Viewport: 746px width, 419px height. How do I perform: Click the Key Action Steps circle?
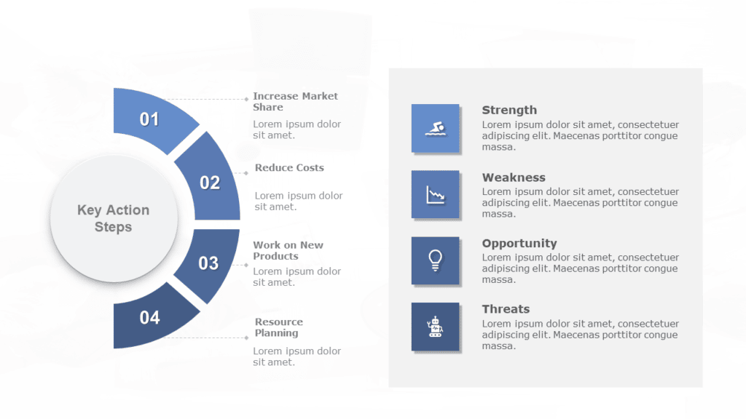coord(114,218)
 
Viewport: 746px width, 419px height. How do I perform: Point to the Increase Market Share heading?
coord(295,102)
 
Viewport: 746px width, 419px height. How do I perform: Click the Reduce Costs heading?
coord(289,168)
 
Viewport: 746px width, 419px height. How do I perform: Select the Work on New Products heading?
coord(288,250)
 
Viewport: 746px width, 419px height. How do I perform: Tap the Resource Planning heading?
coord(278,327)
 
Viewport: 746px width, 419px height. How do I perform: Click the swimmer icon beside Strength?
coord(436,128)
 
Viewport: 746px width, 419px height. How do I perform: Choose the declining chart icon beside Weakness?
coord(436,195)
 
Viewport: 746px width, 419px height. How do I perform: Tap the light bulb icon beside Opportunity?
coord(436,261)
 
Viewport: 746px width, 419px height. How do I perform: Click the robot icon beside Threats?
coord(436,327)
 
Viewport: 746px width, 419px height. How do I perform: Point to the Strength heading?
coord(509,111)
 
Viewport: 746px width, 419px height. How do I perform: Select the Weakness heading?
coord(514,177)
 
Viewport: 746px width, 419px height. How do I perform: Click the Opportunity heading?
coord(519,244)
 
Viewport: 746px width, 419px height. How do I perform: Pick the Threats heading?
coord(506,309)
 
